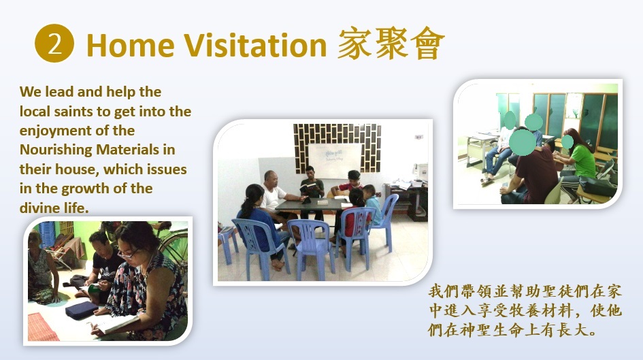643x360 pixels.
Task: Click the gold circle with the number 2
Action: (x=54, y=44)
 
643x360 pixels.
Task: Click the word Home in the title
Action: (x=131, y=45)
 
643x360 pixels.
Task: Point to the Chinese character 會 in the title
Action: (x=427, y=44)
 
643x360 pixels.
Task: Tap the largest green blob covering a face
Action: (x=522, y=142)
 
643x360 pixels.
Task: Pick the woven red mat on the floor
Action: (x=42, y=327)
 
